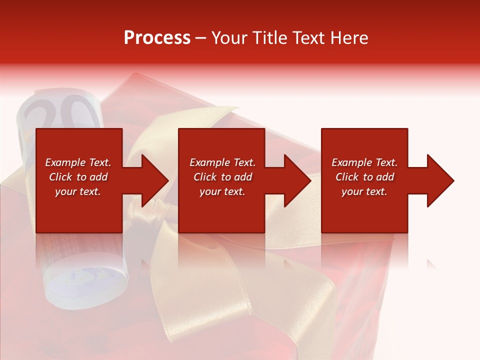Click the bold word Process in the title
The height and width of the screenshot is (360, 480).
(x=157, y=37)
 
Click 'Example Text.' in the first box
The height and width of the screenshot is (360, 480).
(x=78, y=162)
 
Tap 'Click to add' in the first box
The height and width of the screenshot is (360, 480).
(x=78, y=177)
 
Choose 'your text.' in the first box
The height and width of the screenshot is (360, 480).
(x=78, y=191)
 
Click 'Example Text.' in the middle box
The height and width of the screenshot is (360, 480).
(x=222, y=162)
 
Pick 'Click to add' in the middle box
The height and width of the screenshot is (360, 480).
(x=222, y=177)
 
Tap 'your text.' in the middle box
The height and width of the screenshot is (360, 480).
(x=222, y=191)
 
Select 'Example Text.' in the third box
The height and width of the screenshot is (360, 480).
(x=364, y=162)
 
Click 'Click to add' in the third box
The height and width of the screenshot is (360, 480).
(x=364, y=177)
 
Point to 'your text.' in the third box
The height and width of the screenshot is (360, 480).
(x=364, y=191)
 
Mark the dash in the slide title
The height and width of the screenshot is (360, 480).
(x=200, y=38)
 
